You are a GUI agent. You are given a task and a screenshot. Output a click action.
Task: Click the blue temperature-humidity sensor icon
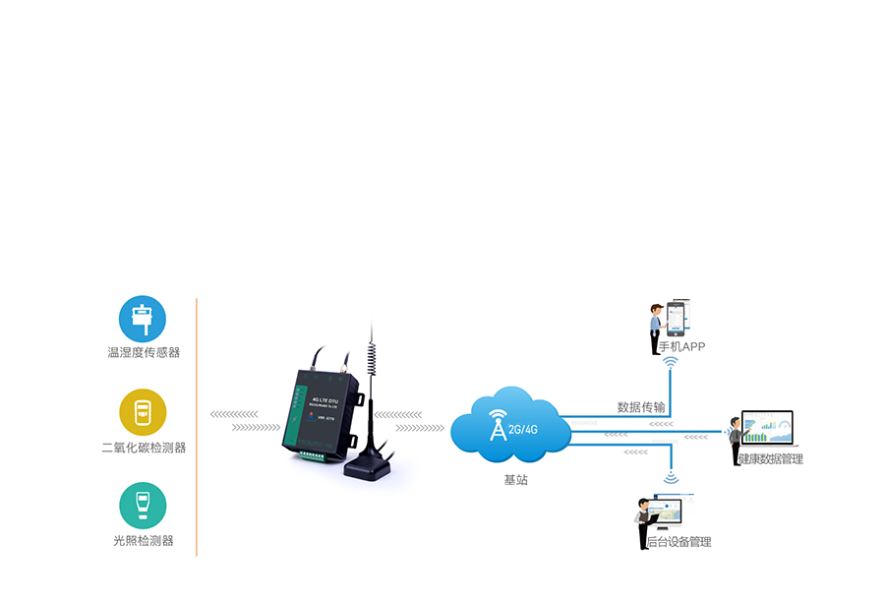(143, 319)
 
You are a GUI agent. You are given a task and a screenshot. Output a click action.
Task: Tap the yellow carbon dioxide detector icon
(143, 412)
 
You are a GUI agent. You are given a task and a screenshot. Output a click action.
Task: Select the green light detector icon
(143, 506)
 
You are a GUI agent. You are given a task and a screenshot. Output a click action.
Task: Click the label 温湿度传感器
(144, 352)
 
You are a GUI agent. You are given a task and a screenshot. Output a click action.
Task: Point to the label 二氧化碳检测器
(144, 447)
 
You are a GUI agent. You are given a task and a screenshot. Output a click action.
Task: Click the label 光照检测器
(144, 540)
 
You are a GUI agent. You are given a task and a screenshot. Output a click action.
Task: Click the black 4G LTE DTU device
(320, 413)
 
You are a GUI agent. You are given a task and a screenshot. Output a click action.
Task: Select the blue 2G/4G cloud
(511, 426)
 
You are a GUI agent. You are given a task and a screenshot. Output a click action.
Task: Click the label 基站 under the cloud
(515, 480)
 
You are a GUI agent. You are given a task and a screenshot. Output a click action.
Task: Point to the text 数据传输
(640, 406)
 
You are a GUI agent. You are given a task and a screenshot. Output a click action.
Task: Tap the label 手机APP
(681, 346)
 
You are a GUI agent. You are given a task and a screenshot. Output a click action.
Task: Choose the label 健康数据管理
(771, 459)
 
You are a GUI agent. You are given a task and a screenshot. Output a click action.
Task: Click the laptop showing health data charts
(767, 430)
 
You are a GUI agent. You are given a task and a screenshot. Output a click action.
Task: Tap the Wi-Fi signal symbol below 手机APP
(672, 365)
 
